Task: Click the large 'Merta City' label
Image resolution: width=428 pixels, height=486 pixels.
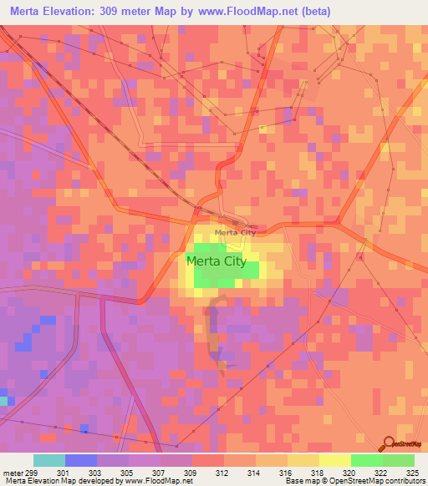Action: (216, 261)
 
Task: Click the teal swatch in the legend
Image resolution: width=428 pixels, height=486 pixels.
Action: (49, 460)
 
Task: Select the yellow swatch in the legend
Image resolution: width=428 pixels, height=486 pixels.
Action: (335, 460)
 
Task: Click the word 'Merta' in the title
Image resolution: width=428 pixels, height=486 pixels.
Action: (30, 12)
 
